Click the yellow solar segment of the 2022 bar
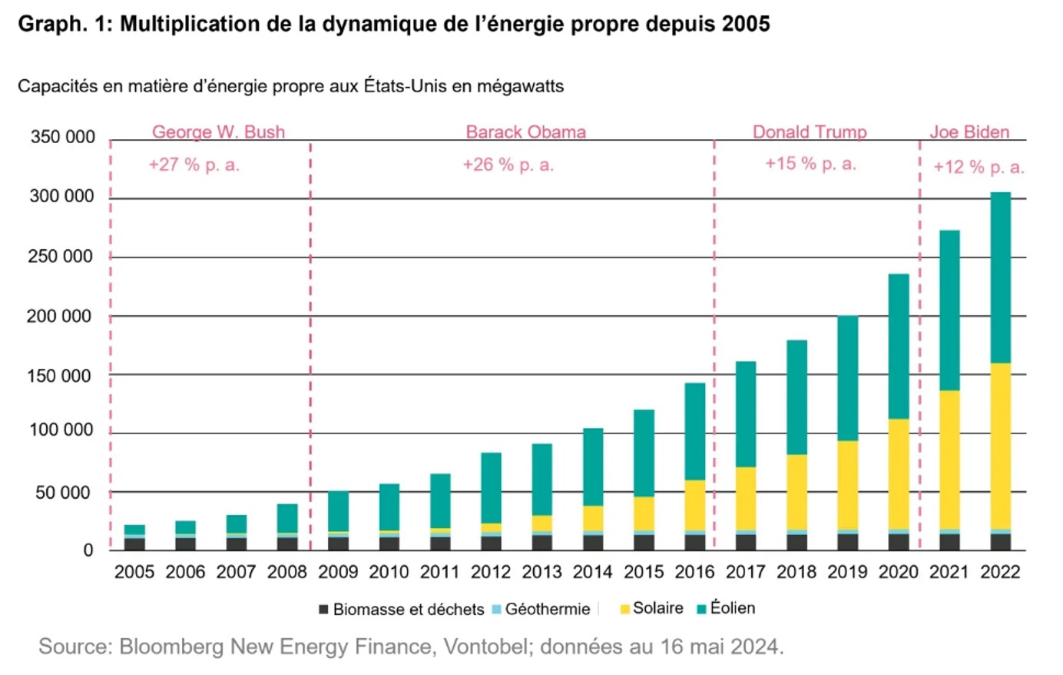point(1000,446)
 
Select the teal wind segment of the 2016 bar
point(695,431)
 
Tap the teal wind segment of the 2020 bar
point(899,346)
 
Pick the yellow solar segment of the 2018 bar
point(796,492)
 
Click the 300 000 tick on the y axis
point(62,197)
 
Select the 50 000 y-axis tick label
point(62,493)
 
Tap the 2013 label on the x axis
point(541,572)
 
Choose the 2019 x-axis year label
point(847,572)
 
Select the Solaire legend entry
point(652,609)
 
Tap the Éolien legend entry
point(727,609)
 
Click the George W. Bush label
point(218,132)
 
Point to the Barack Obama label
point(525,132)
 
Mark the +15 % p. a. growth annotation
point(810,164)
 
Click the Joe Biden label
point(969,132)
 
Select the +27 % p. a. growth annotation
point(194,165)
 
